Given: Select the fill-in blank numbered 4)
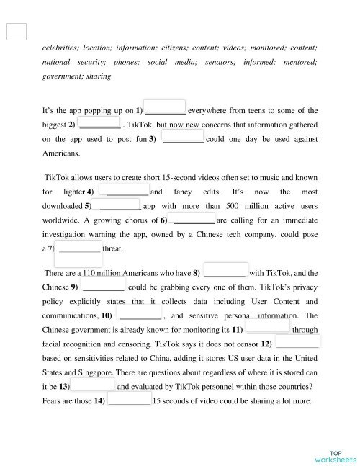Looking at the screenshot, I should click(x=123, y=190).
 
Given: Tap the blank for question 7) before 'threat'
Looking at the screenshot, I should click(x=78, y=248).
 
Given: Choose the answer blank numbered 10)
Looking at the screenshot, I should click(x=140, y=314).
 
